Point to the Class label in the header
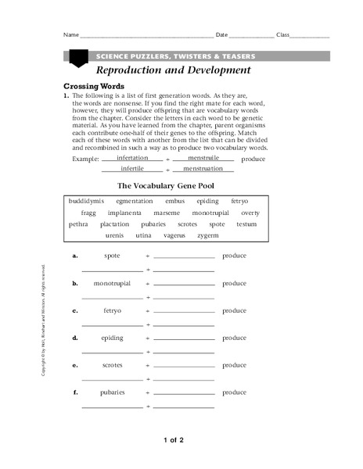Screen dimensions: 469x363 (x=283, y=35)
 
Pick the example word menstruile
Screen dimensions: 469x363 (x=203, y=157)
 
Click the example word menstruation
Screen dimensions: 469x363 (x=203, y=168)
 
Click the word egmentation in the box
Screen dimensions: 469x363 (x=134, y=201)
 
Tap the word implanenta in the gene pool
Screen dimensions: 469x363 (x=124, y=213)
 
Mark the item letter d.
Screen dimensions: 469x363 (x=75, y=338)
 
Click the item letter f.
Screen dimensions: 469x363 (x=75, y=392)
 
